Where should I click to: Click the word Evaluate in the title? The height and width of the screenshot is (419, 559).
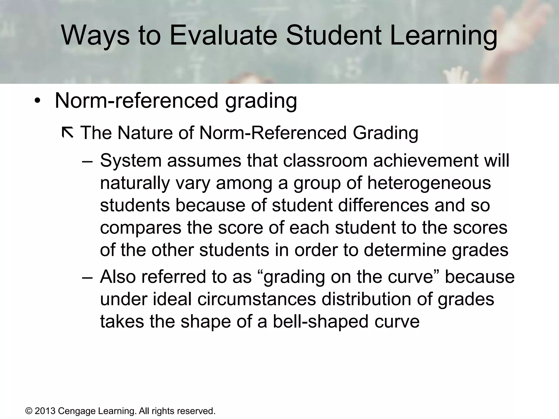pos(223,35)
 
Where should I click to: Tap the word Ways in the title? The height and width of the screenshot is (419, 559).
pos(95,35)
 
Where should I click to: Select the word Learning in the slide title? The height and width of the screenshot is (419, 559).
pos(444,35)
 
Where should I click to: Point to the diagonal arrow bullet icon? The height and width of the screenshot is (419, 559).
pos(67,133)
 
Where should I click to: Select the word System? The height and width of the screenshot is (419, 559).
pos(130,161)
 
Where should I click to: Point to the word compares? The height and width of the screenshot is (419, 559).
pos(141,228)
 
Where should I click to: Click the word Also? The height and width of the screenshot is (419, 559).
pos(118,277)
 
